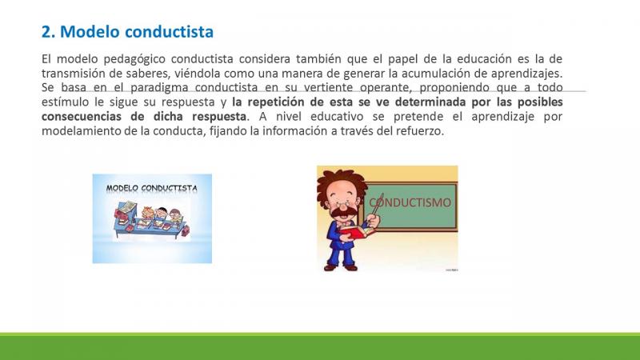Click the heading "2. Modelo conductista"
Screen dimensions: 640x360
pyautogui.click(x=127, y=32)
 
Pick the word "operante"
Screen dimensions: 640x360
pyautogui.click(x=387, y=88)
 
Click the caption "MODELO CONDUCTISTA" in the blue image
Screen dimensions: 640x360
pyautogui.click(x=152, y=188)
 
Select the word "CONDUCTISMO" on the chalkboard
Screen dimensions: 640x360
pyautogui.click(x=410, y=202)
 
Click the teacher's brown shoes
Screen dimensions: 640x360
pyautogui.click(x=341, y=268)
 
